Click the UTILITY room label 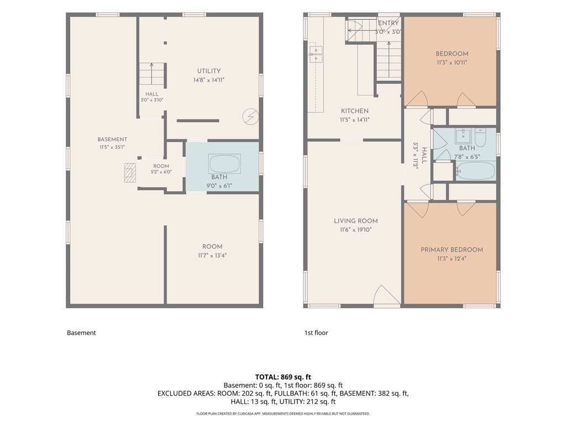click(x=208, y=71)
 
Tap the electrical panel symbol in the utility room click(x=250, y=117)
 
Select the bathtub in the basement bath click(x=224, y=164)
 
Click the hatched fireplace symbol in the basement click(x=130, y=173)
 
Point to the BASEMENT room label click(x=112, y=139)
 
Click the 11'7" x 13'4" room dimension click(x=212, y=256)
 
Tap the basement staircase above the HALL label click(x=152, y=75)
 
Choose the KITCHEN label click(x=355, y=111)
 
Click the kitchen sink click(x=316, y=54)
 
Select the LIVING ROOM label click(x=356, y=221)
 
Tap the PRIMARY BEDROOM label click(x=452, y=250)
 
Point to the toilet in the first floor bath click(x=480, y=137)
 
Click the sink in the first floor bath click(x=463, y=136)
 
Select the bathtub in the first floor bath click(x=475, y=171)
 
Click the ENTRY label click(x=389, y=23)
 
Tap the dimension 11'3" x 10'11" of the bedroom click(x=452, y=63)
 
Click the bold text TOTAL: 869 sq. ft click(x=283, y=377)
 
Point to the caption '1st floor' click(x=316, y=333)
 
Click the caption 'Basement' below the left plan click(x=82, y=333)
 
